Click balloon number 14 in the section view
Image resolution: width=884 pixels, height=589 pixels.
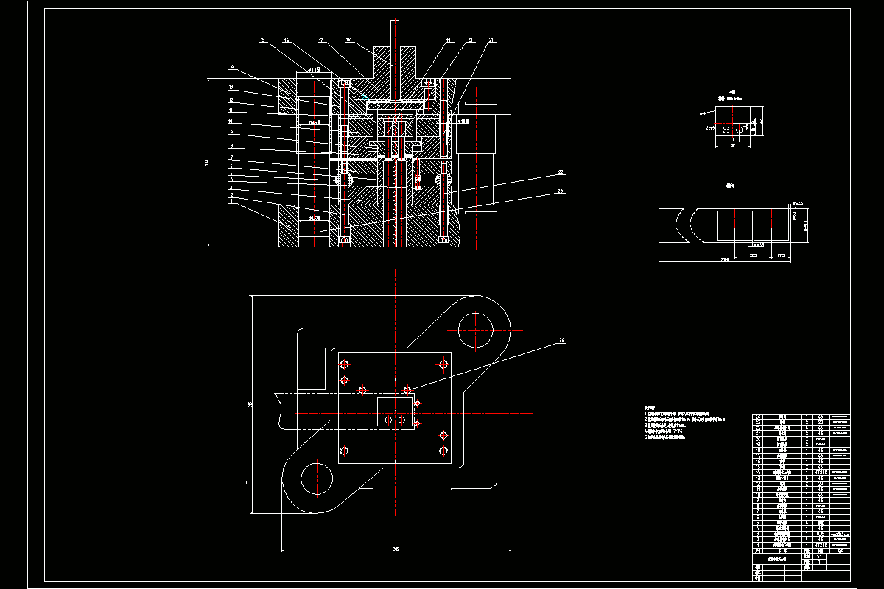231,67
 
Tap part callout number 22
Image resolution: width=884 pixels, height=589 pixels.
560,172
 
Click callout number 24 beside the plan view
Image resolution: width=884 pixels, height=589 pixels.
561,341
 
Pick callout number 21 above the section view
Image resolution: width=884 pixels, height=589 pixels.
491,40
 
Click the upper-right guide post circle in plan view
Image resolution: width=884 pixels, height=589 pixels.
475,330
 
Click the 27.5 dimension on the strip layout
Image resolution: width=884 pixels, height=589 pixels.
781,255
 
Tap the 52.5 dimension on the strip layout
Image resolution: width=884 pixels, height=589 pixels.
753,255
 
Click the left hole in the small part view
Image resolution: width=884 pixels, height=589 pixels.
726,130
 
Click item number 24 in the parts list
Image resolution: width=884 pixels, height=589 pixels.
757,417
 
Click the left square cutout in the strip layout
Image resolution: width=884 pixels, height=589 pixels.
734,225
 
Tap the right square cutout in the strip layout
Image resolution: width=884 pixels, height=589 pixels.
771,225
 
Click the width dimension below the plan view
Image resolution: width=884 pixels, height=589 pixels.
396,549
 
